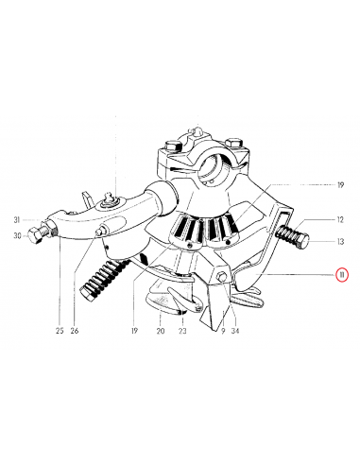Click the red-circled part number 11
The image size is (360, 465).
coord(341,275)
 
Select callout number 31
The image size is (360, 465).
coord(17,220)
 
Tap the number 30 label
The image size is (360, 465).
coord(17,235)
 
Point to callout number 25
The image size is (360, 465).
coord(60,331)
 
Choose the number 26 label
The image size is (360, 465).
coord(75,331)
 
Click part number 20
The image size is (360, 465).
coord(161,331)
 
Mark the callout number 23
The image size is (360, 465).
coord(182,331)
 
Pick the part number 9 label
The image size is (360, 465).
coord(223,331)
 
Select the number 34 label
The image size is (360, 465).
coord(235,331)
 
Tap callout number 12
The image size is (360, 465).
coord(340,219)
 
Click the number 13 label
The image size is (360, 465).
coord(340,241)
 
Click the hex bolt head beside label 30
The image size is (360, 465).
coord(34,235)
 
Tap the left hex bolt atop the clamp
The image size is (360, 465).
coord(173,146)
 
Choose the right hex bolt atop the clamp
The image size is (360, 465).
coord(233,144)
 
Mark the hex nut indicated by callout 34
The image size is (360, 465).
coord(221,276)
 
